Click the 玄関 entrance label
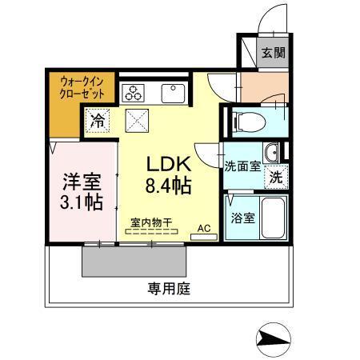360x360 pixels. [x=273, y=54]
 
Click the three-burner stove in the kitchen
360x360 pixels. [x=133, y=92]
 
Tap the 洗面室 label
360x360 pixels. [x=241, y=166]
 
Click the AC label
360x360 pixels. [x=204, y=228]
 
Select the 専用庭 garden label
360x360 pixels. [x=168, y=288]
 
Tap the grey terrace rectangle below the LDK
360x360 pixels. [x=134, y=258]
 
